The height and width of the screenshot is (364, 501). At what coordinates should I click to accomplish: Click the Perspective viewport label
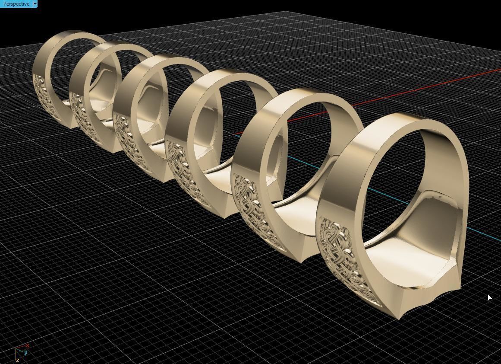click(x=16, y=4)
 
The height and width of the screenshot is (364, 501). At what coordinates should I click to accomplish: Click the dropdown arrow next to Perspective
click(x=35, y=4)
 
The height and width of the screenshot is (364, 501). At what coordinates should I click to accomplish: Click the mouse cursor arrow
click(x=489, y=298)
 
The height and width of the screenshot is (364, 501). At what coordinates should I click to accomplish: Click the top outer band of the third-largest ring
click(x=229, y=78)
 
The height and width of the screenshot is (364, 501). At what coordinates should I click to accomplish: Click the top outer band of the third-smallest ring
click(x=173, y=61)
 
